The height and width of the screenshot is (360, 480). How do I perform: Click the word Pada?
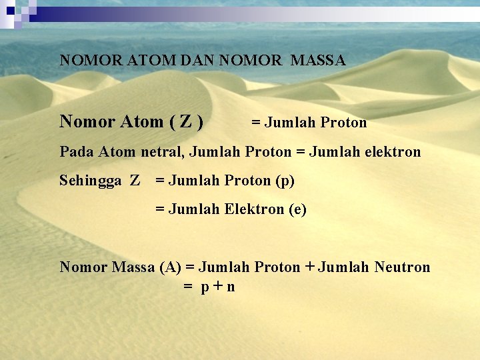coord(77,152)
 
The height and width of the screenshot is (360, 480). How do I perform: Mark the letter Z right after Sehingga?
coord(135,181)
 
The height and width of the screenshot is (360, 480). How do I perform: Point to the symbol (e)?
coord(297,209)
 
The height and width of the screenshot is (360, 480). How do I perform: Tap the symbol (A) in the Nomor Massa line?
coord(170,267)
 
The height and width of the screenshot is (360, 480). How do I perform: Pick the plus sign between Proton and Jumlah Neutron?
coord(309,267)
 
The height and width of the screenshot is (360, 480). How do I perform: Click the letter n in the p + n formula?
coord(231,287)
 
